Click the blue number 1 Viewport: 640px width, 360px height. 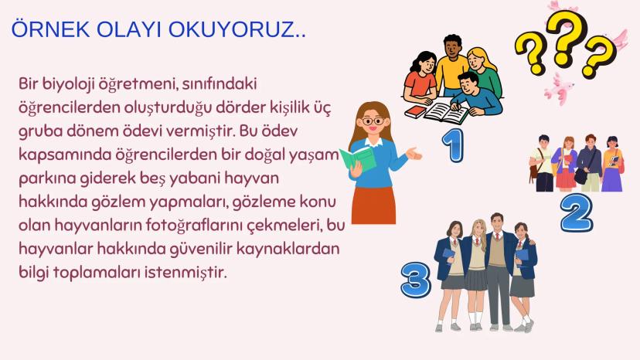(x=453, y=144)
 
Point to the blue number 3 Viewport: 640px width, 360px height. (x=415, y=280)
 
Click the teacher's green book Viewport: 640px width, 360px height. (x=356, y=158)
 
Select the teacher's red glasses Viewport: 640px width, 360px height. (x=373, y=121)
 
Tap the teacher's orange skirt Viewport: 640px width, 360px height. (x=373, y=202)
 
